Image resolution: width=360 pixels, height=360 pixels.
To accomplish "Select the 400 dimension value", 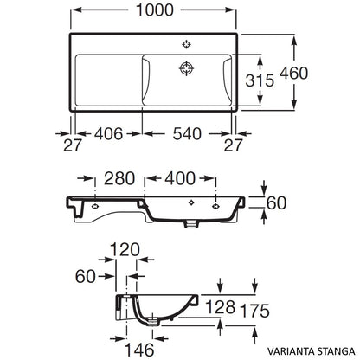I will click(x=177, y=179).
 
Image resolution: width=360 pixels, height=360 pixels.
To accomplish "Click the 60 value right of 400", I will click(x=276, y=203).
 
